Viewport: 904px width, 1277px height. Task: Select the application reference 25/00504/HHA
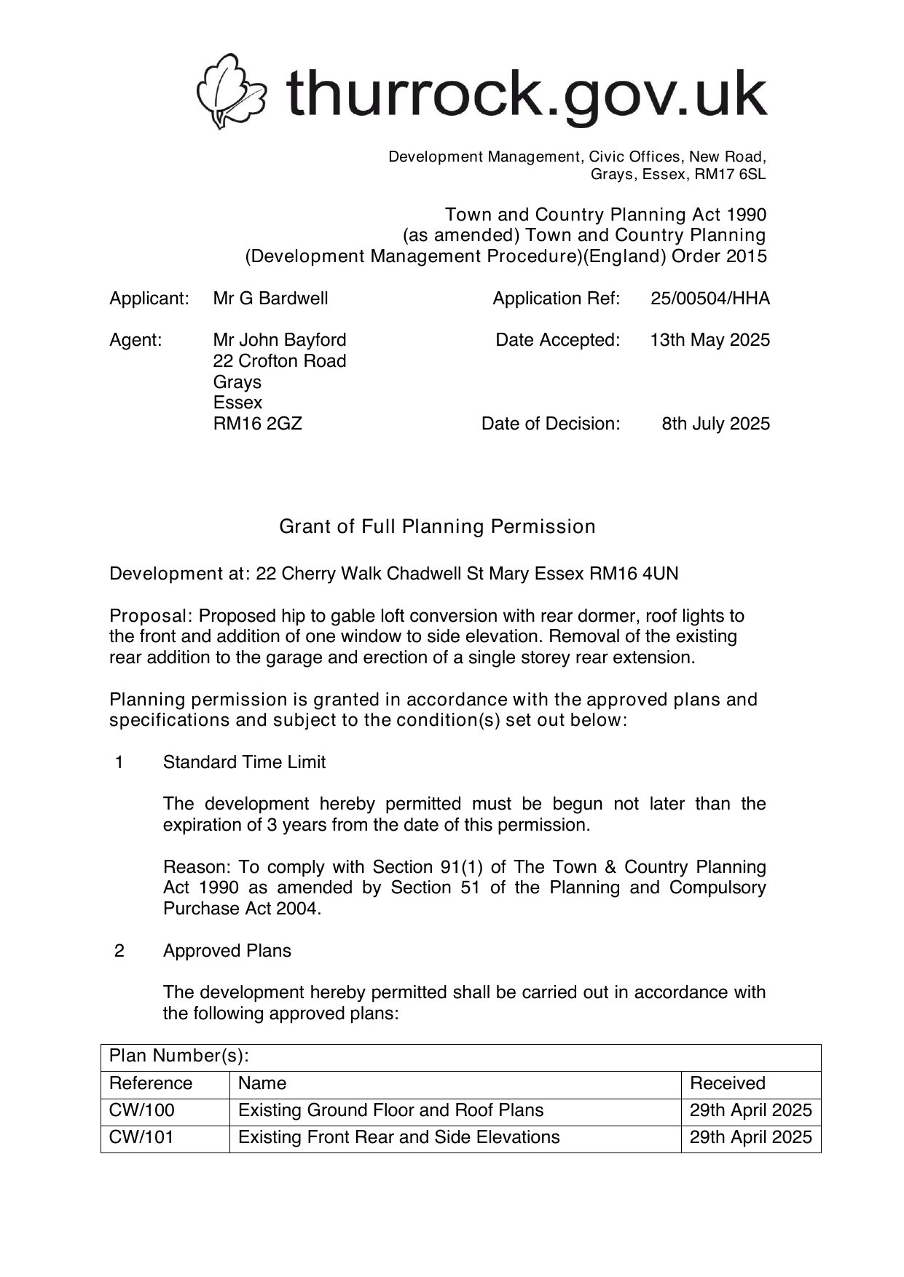pyautogui.click(x=710, y=299)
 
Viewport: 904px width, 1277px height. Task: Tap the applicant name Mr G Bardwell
pyautogui.click(x=270, y=299)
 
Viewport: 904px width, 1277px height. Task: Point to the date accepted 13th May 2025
pyautogui.click(x=710, y=340)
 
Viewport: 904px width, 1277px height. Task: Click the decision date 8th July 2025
pyautogui.click(x=715, y=424)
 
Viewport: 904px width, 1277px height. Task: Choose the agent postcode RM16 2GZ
pyautogui.click(x=257, y=424)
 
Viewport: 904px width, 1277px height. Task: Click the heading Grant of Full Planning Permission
pyautogui.click(x=437, y=526)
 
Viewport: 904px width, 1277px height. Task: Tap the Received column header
pyautogui.click(x=727, y=1083)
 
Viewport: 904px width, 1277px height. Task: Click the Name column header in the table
pyautogui.click(x=262, y=1083)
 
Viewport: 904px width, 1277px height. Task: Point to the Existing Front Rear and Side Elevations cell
pyautogui.click(x=398, y=1137)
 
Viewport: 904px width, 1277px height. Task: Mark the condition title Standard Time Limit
pyautogui.click(x=244, y=762)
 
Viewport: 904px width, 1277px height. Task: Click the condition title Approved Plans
pyautogui.click(x=227, y=951)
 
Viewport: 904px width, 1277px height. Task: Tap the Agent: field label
pyautogui.click(x=135, y=340)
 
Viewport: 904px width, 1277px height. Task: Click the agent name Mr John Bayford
pyautogui.click(x=279, y=340)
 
